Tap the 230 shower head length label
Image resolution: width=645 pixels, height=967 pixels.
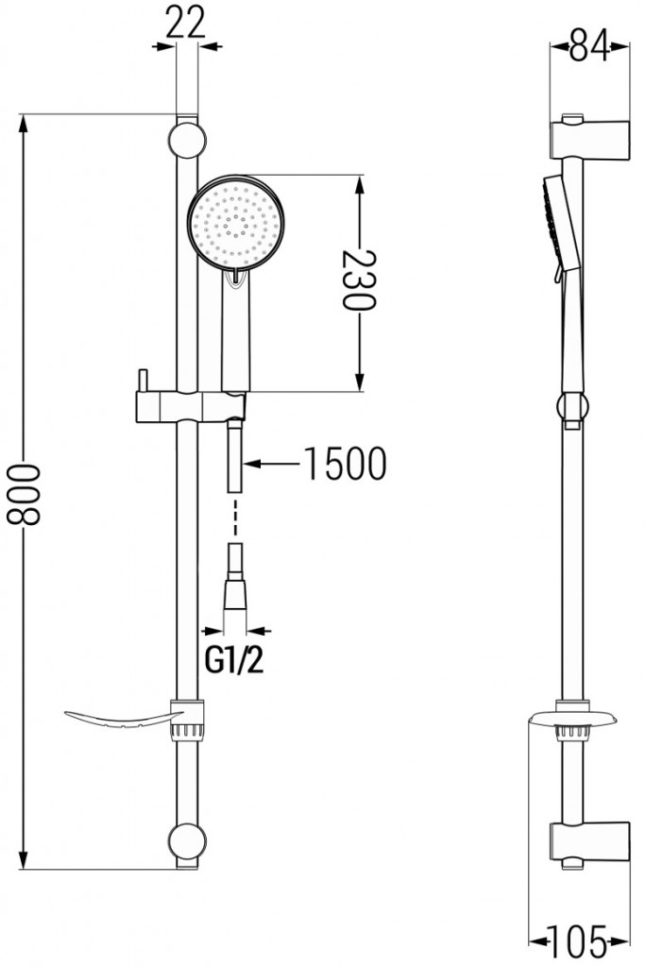tap(359, 281)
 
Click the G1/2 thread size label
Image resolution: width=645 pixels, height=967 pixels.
tap(234, 660)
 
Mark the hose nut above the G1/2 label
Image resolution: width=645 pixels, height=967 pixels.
tap(236, 596)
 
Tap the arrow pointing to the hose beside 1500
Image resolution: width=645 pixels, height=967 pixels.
tap(274, 464)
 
